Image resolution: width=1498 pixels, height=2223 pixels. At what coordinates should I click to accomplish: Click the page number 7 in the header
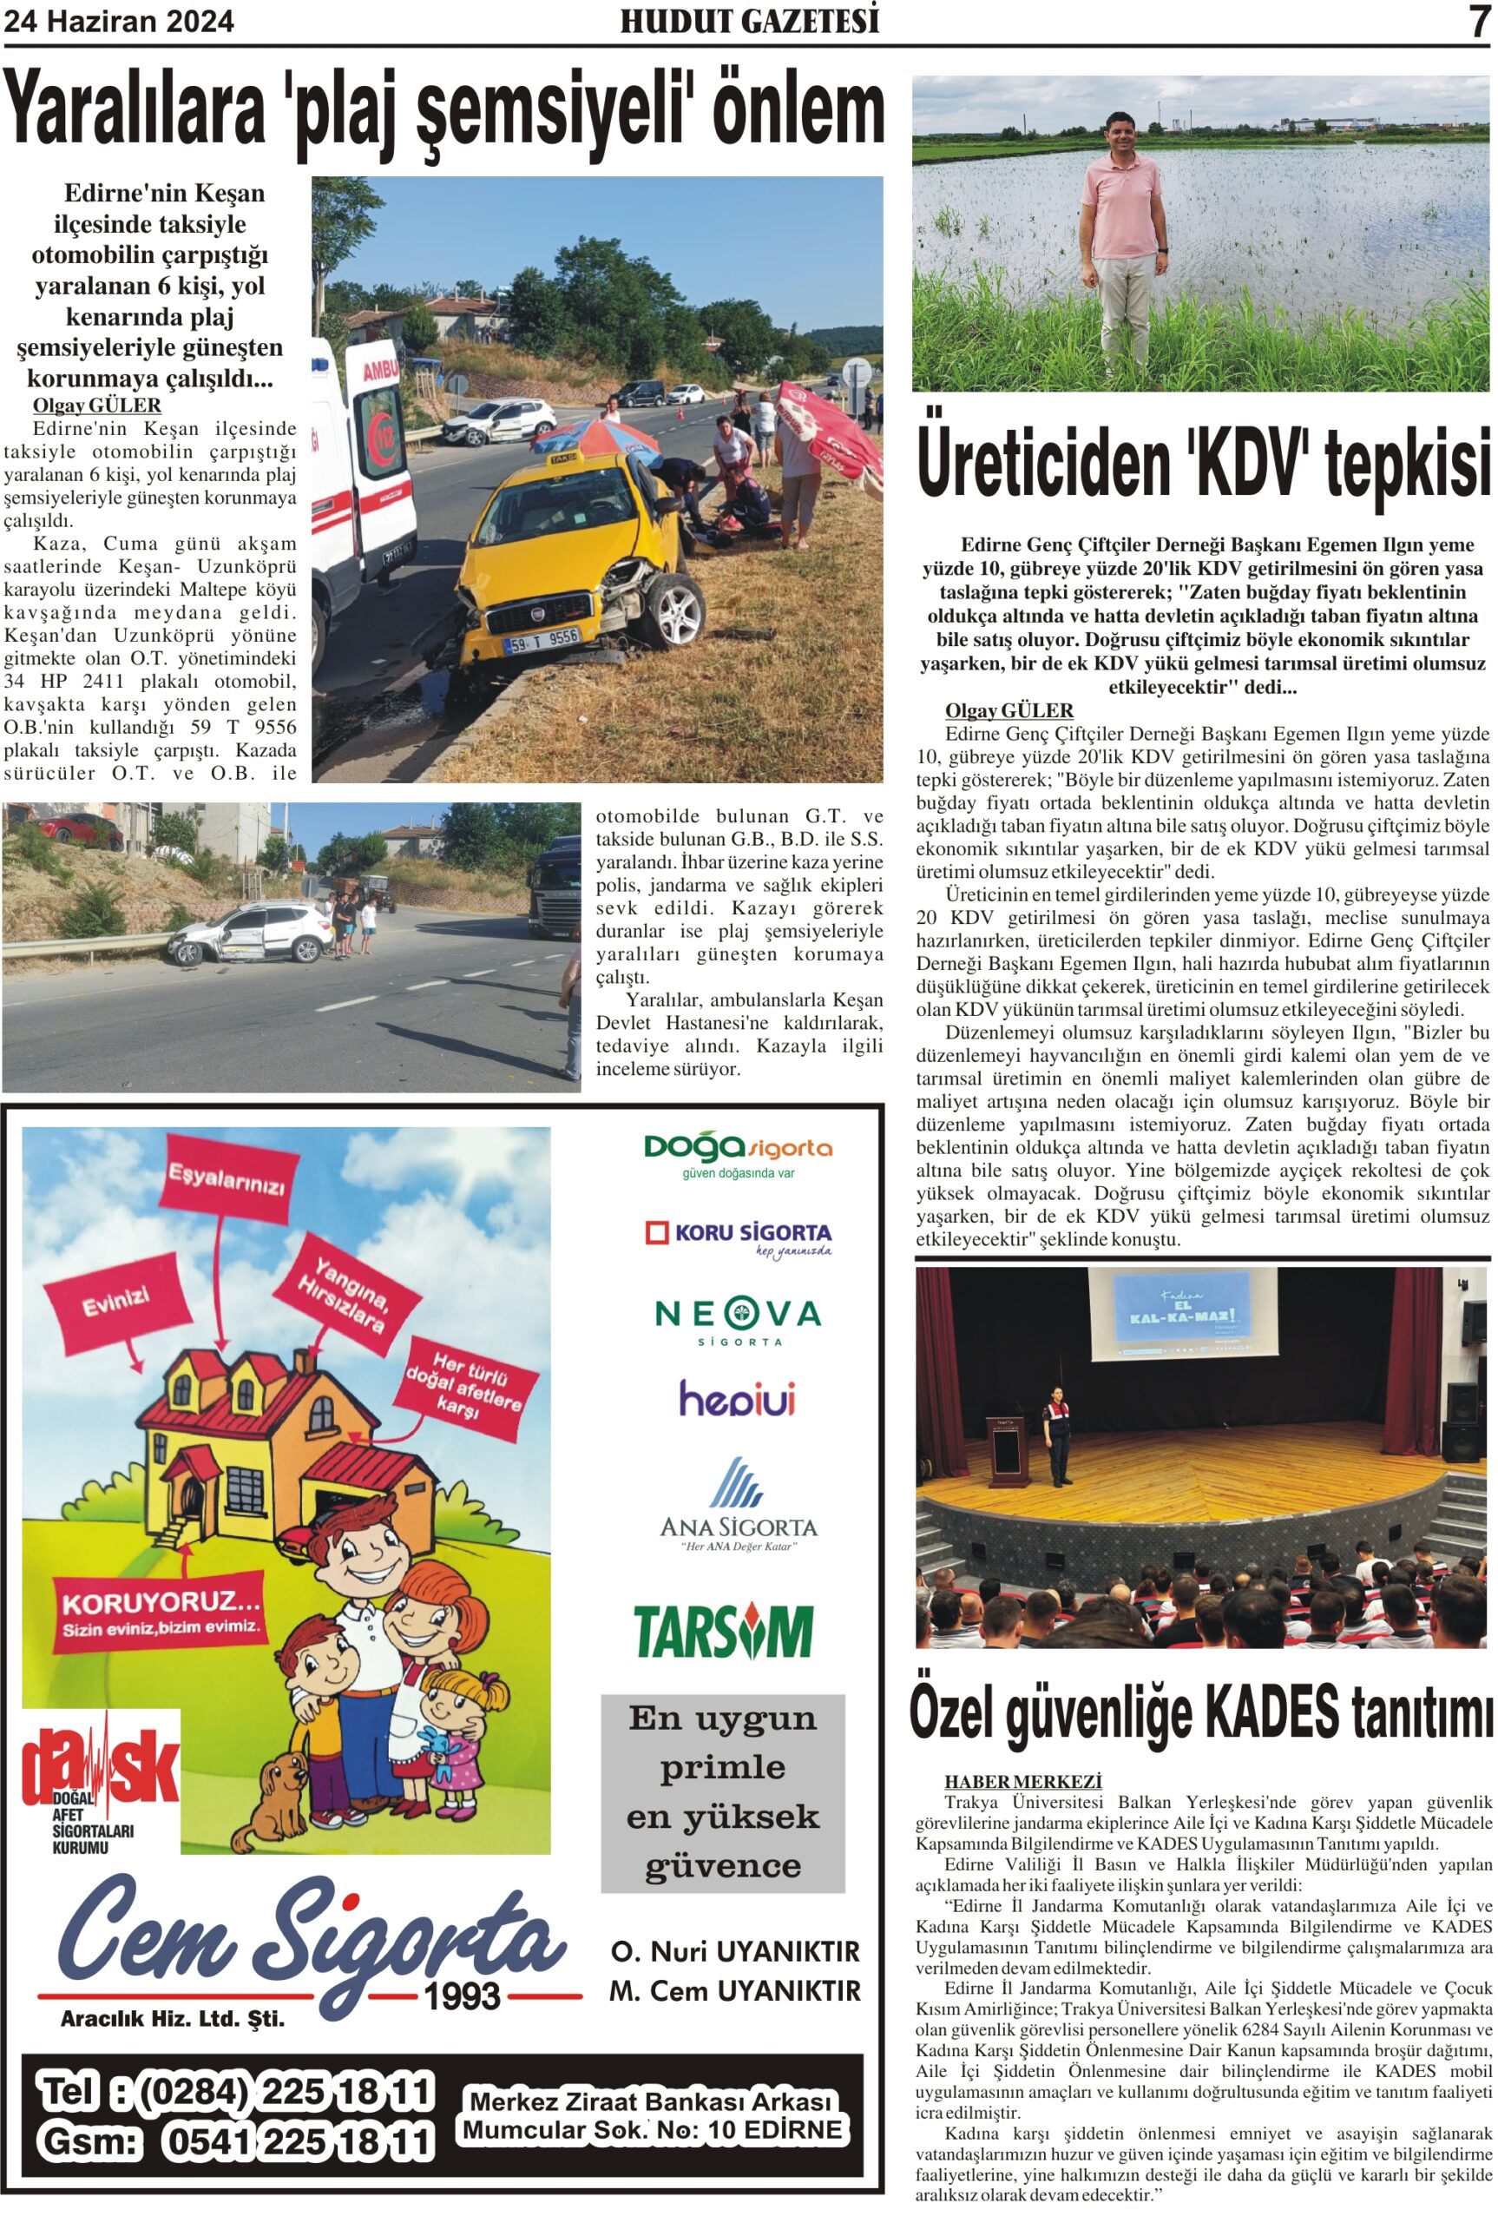coord(1479,21)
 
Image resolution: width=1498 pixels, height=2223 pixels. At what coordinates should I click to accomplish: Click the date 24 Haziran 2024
coord(120,21)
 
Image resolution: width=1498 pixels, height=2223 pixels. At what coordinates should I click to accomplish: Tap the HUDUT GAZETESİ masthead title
coord(749,21)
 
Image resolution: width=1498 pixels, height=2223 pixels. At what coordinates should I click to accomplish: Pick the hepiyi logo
coord(738,1400)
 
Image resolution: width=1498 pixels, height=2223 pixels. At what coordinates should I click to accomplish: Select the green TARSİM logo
coord(723,1632)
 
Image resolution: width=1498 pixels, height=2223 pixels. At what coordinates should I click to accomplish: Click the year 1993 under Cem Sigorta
coord(463,1996)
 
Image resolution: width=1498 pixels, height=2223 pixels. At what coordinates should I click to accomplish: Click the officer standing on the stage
coord(1058,1434)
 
